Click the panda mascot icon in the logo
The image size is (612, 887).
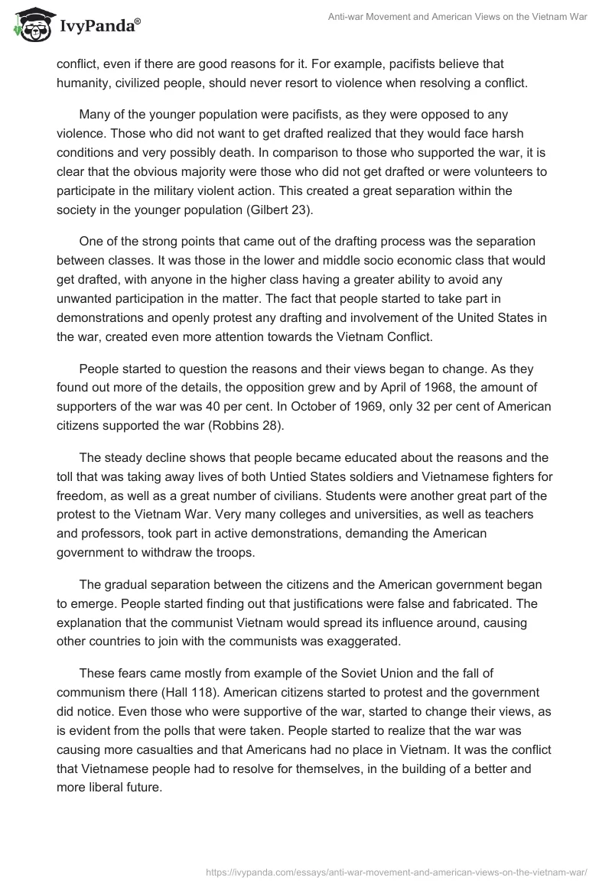coord(29,25)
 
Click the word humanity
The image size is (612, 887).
coord(82,83)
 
